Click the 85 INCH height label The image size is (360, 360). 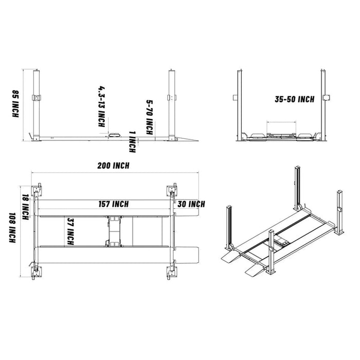point(16,104)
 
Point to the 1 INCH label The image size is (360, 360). point(132,141)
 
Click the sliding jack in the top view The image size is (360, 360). point(114,231)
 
